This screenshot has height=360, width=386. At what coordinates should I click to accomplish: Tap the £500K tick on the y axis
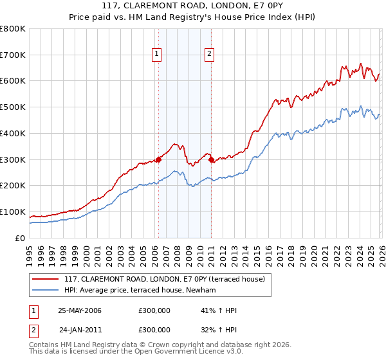[13, 107]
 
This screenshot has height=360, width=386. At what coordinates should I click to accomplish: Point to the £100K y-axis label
[13, 212]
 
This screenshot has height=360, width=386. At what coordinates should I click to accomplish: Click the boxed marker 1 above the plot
[157, 55]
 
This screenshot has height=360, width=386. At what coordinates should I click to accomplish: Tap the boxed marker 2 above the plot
[210, 55]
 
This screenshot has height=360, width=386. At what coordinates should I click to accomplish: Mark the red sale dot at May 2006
[158, 159]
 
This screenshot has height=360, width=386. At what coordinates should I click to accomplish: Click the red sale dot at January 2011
[211, 159]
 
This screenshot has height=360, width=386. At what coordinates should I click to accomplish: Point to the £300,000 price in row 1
[154, 310]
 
